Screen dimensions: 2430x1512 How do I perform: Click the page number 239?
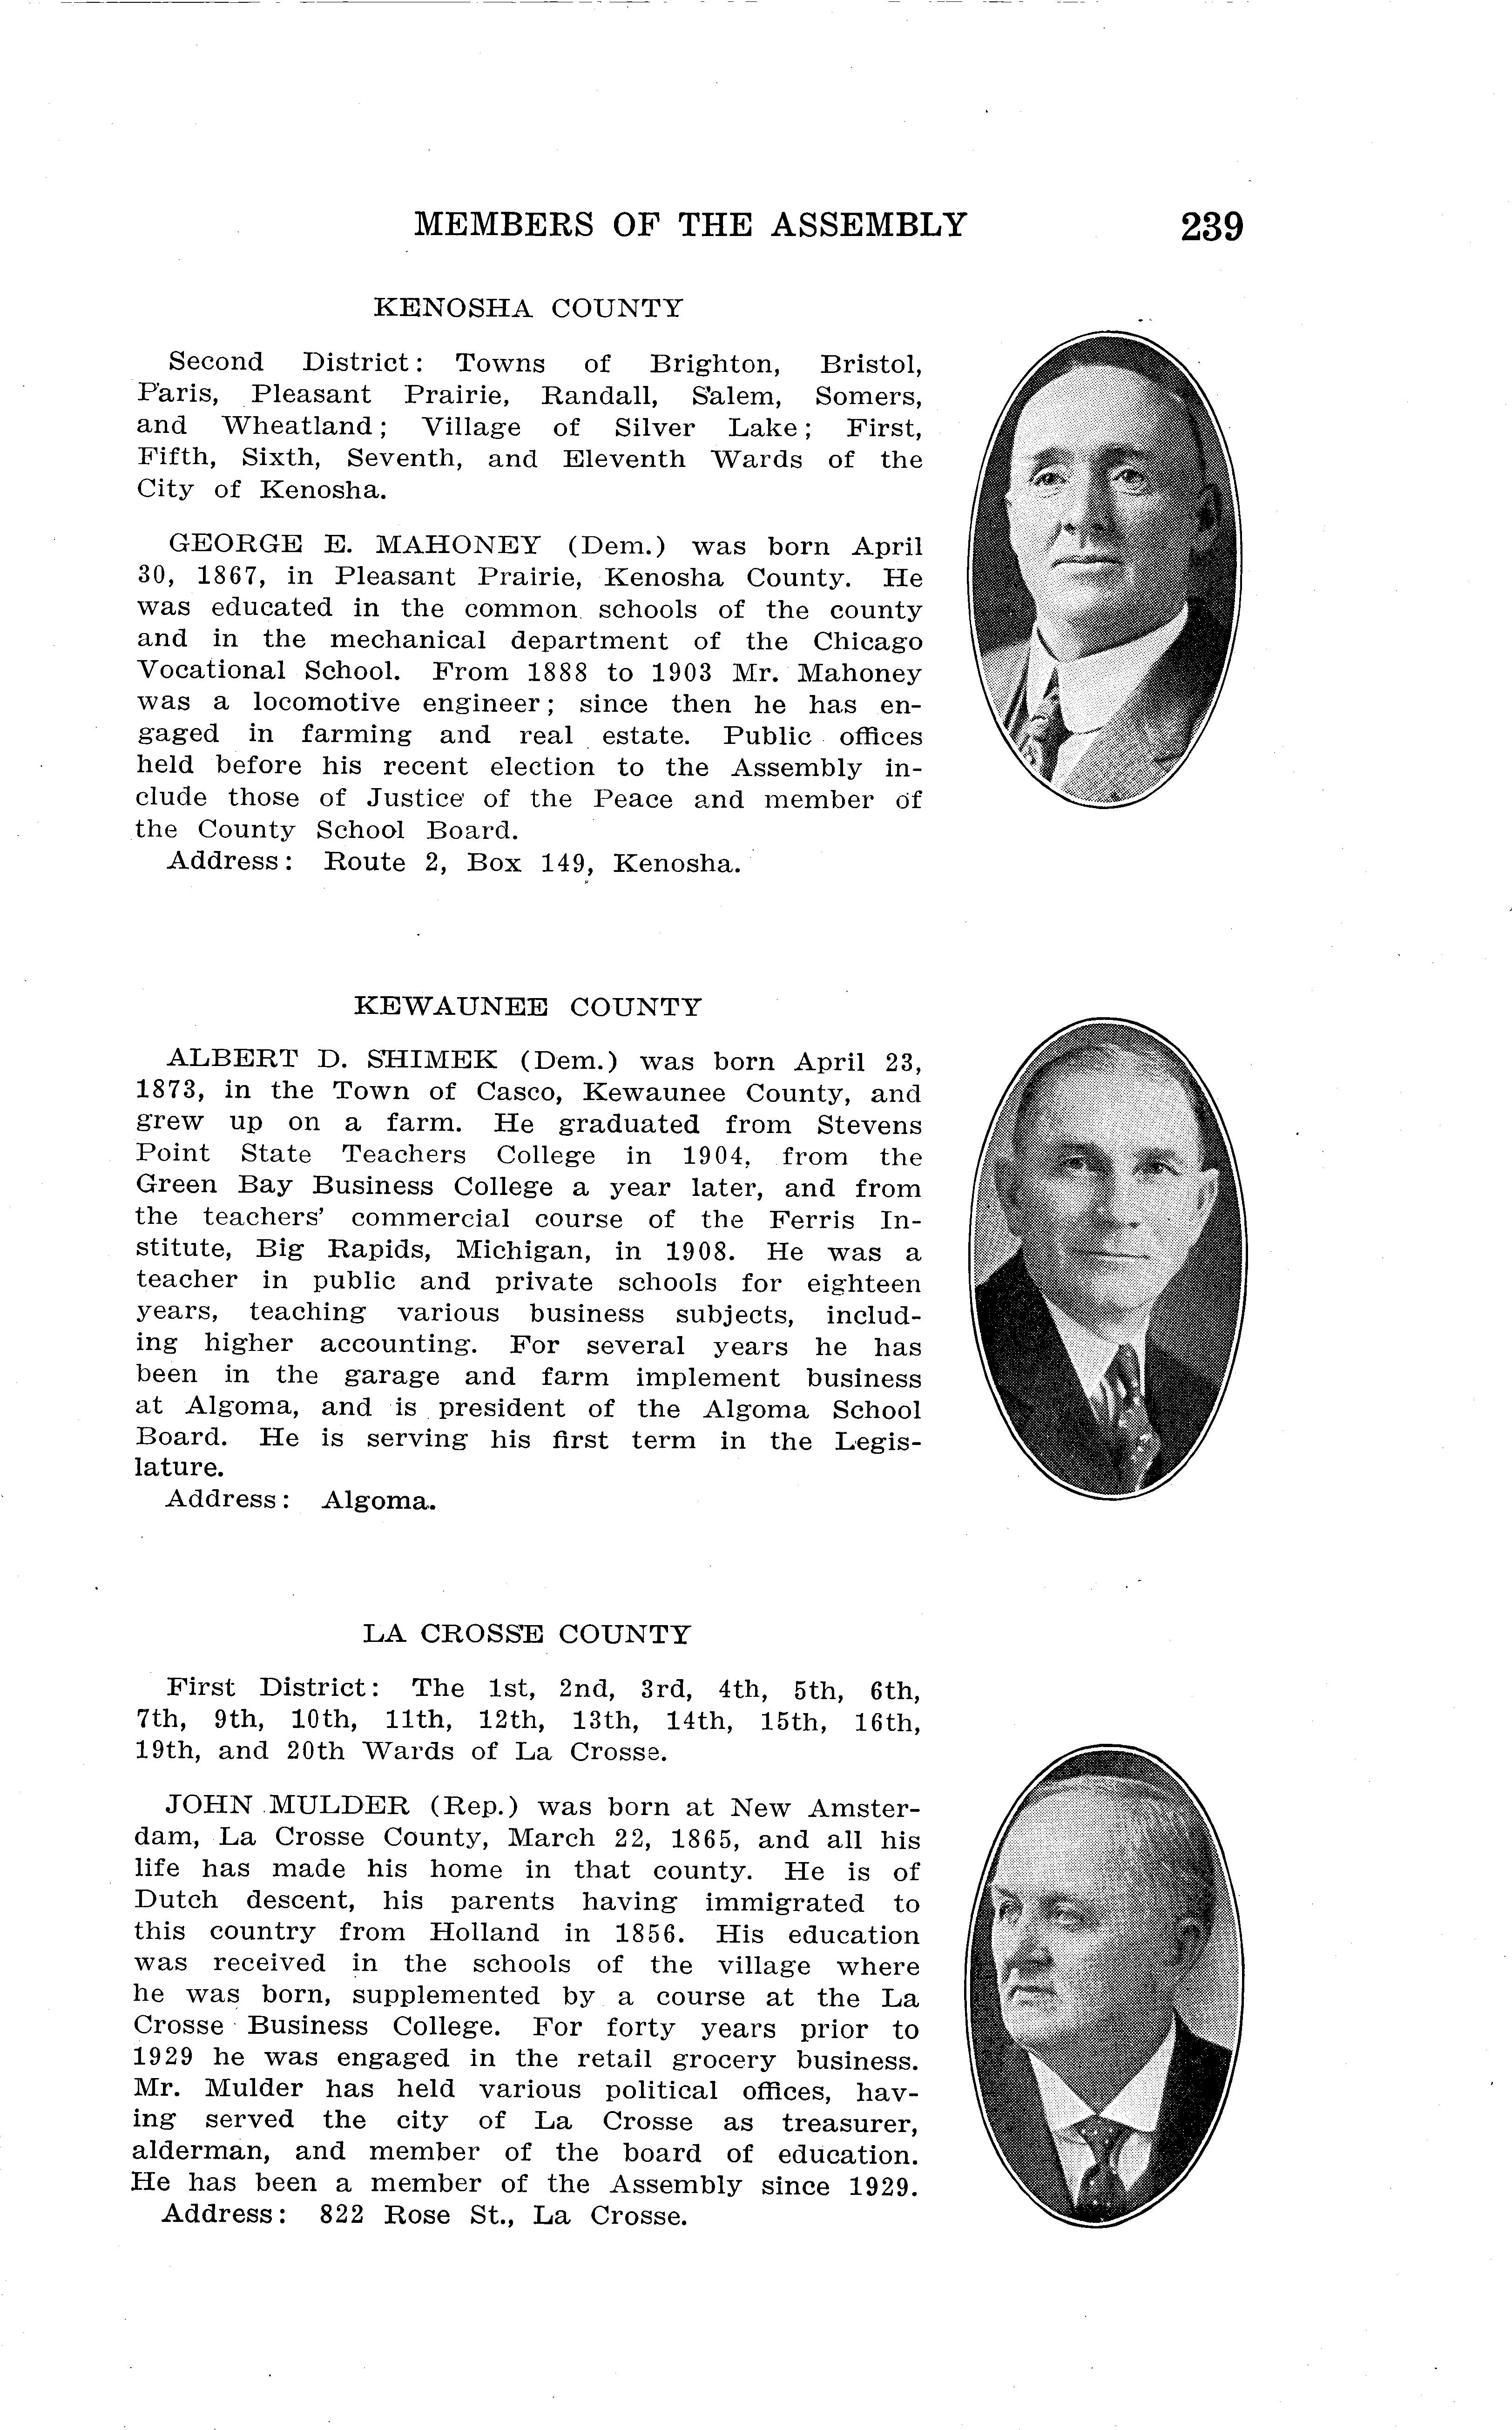pyautogui.click(x=1211, y=227)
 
